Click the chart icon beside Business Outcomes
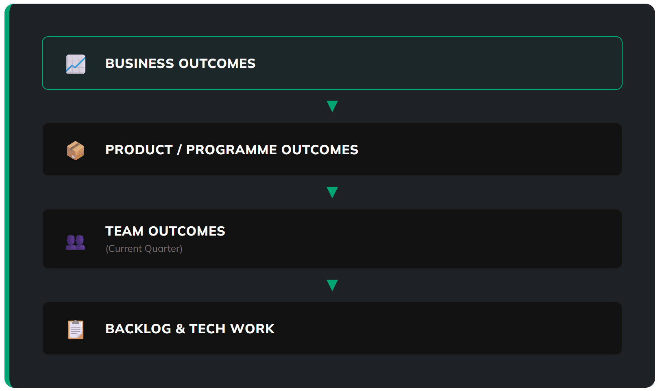[x=76, y=64]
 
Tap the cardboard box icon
[x=76, y=151]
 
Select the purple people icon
[x=76, y=242]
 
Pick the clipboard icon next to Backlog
[x=76, y=329]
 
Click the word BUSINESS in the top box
[x=139, y=63]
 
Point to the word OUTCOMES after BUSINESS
[x=217, y=63]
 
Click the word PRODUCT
[x=139, y=150]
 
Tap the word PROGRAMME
[x=231, y=150]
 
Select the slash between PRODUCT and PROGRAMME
[x=179, y=150]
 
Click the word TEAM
[x=124, y=231]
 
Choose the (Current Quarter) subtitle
[x=144, y=249]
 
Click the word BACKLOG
[x=138, y=329]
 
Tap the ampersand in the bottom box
[x=180, y=329]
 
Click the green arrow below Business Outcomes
[x=332, y=106]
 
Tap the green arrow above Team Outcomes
[x=332, y=192]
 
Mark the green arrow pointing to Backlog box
[x=332, y=285]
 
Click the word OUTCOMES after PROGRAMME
[x=320, y=150]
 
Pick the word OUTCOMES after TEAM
[x=187, y=231]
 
